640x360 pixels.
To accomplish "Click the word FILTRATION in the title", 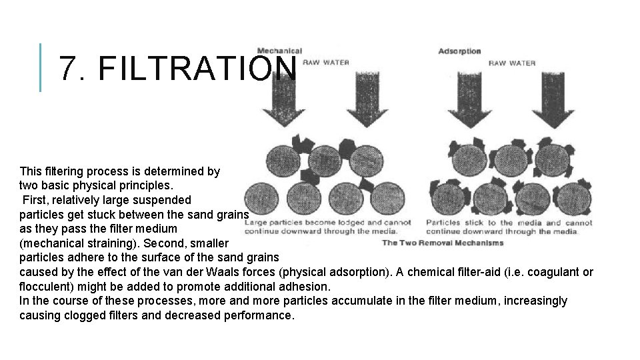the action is tap(197, 68).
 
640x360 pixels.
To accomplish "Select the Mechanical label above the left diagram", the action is tap(279, 51).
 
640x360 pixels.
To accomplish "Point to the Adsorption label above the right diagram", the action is tap(459, 51).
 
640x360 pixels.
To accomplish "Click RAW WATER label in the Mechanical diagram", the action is tap(326, 63).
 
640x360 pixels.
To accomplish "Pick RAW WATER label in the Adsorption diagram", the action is tap(512, 63).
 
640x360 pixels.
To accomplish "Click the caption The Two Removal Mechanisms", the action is tap(443, 243).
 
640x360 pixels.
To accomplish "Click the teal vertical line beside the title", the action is tap(41, 67).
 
